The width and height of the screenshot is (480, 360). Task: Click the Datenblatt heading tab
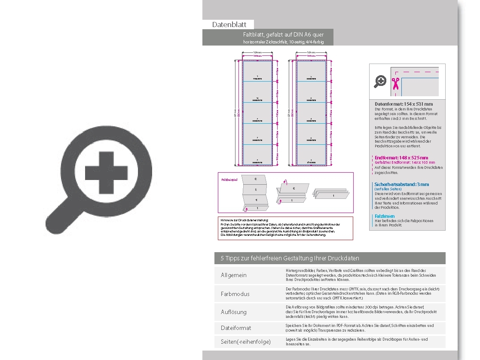(229, 24)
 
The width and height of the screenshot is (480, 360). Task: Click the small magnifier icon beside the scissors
(380, 81)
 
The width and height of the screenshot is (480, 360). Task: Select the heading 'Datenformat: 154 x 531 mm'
(404, 104)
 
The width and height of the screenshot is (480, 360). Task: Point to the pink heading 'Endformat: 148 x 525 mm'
(401, 158)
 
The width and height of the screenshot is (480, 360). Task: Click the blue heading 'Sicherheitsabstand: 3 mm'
(401, 184)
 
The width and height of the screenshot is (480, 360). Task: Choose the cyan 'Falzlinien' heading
(384, 216)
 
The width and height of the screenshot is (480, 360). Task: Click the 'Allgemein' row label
(234, 275)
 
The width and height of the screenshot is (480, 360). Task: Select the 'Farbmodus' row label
(235, 294)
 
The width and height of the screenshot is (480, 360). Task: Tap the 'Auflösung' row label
(234, 312)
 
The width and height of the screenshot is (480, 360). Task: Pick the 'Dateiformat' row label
(236, 328)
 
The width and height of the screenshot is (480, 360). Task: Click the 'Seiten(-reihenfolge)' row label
(246, 342)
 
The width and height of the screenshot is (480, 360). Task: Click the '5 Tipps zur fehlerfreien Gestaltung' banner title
(290, 258)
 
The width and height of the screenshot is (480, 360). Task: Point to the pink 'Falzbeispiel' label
(229, 180)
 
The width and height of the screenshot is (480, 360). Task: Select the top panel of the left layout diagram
(257, 71)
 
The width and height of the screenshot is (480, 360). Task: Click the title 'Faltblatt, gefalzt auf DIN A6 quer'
(283, 34)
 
